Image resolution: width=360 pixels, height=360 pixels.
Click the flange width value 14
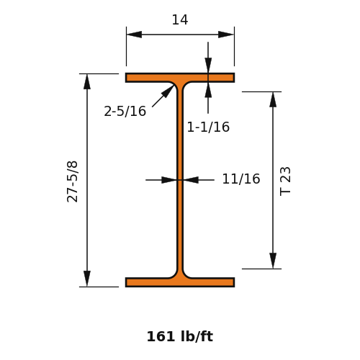pos(180,20)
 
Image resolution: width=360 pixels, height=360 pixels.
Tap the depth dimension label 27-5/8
pos(72,181)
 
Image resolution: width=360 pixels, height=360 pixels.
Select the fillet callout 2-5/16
pos(125,112)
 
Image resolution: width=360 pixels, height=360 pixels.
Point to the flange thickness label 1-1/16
pos(208,127)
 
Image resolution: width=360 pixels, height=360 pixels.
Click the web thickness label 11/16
pos(241,179)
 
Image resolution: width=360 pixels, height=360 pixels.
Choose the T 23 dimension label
pos(285,181)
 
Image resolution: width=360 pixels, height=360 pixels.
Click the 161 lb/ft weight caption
pos(180,336)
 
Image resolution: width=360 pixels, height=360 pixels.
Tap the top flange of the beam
pos(180,78)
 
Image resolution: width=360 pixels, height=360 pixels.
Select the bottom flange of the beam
pos(180,282)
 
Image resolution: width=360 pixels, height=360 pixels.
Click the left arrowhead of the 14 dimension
pos(134,35)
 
